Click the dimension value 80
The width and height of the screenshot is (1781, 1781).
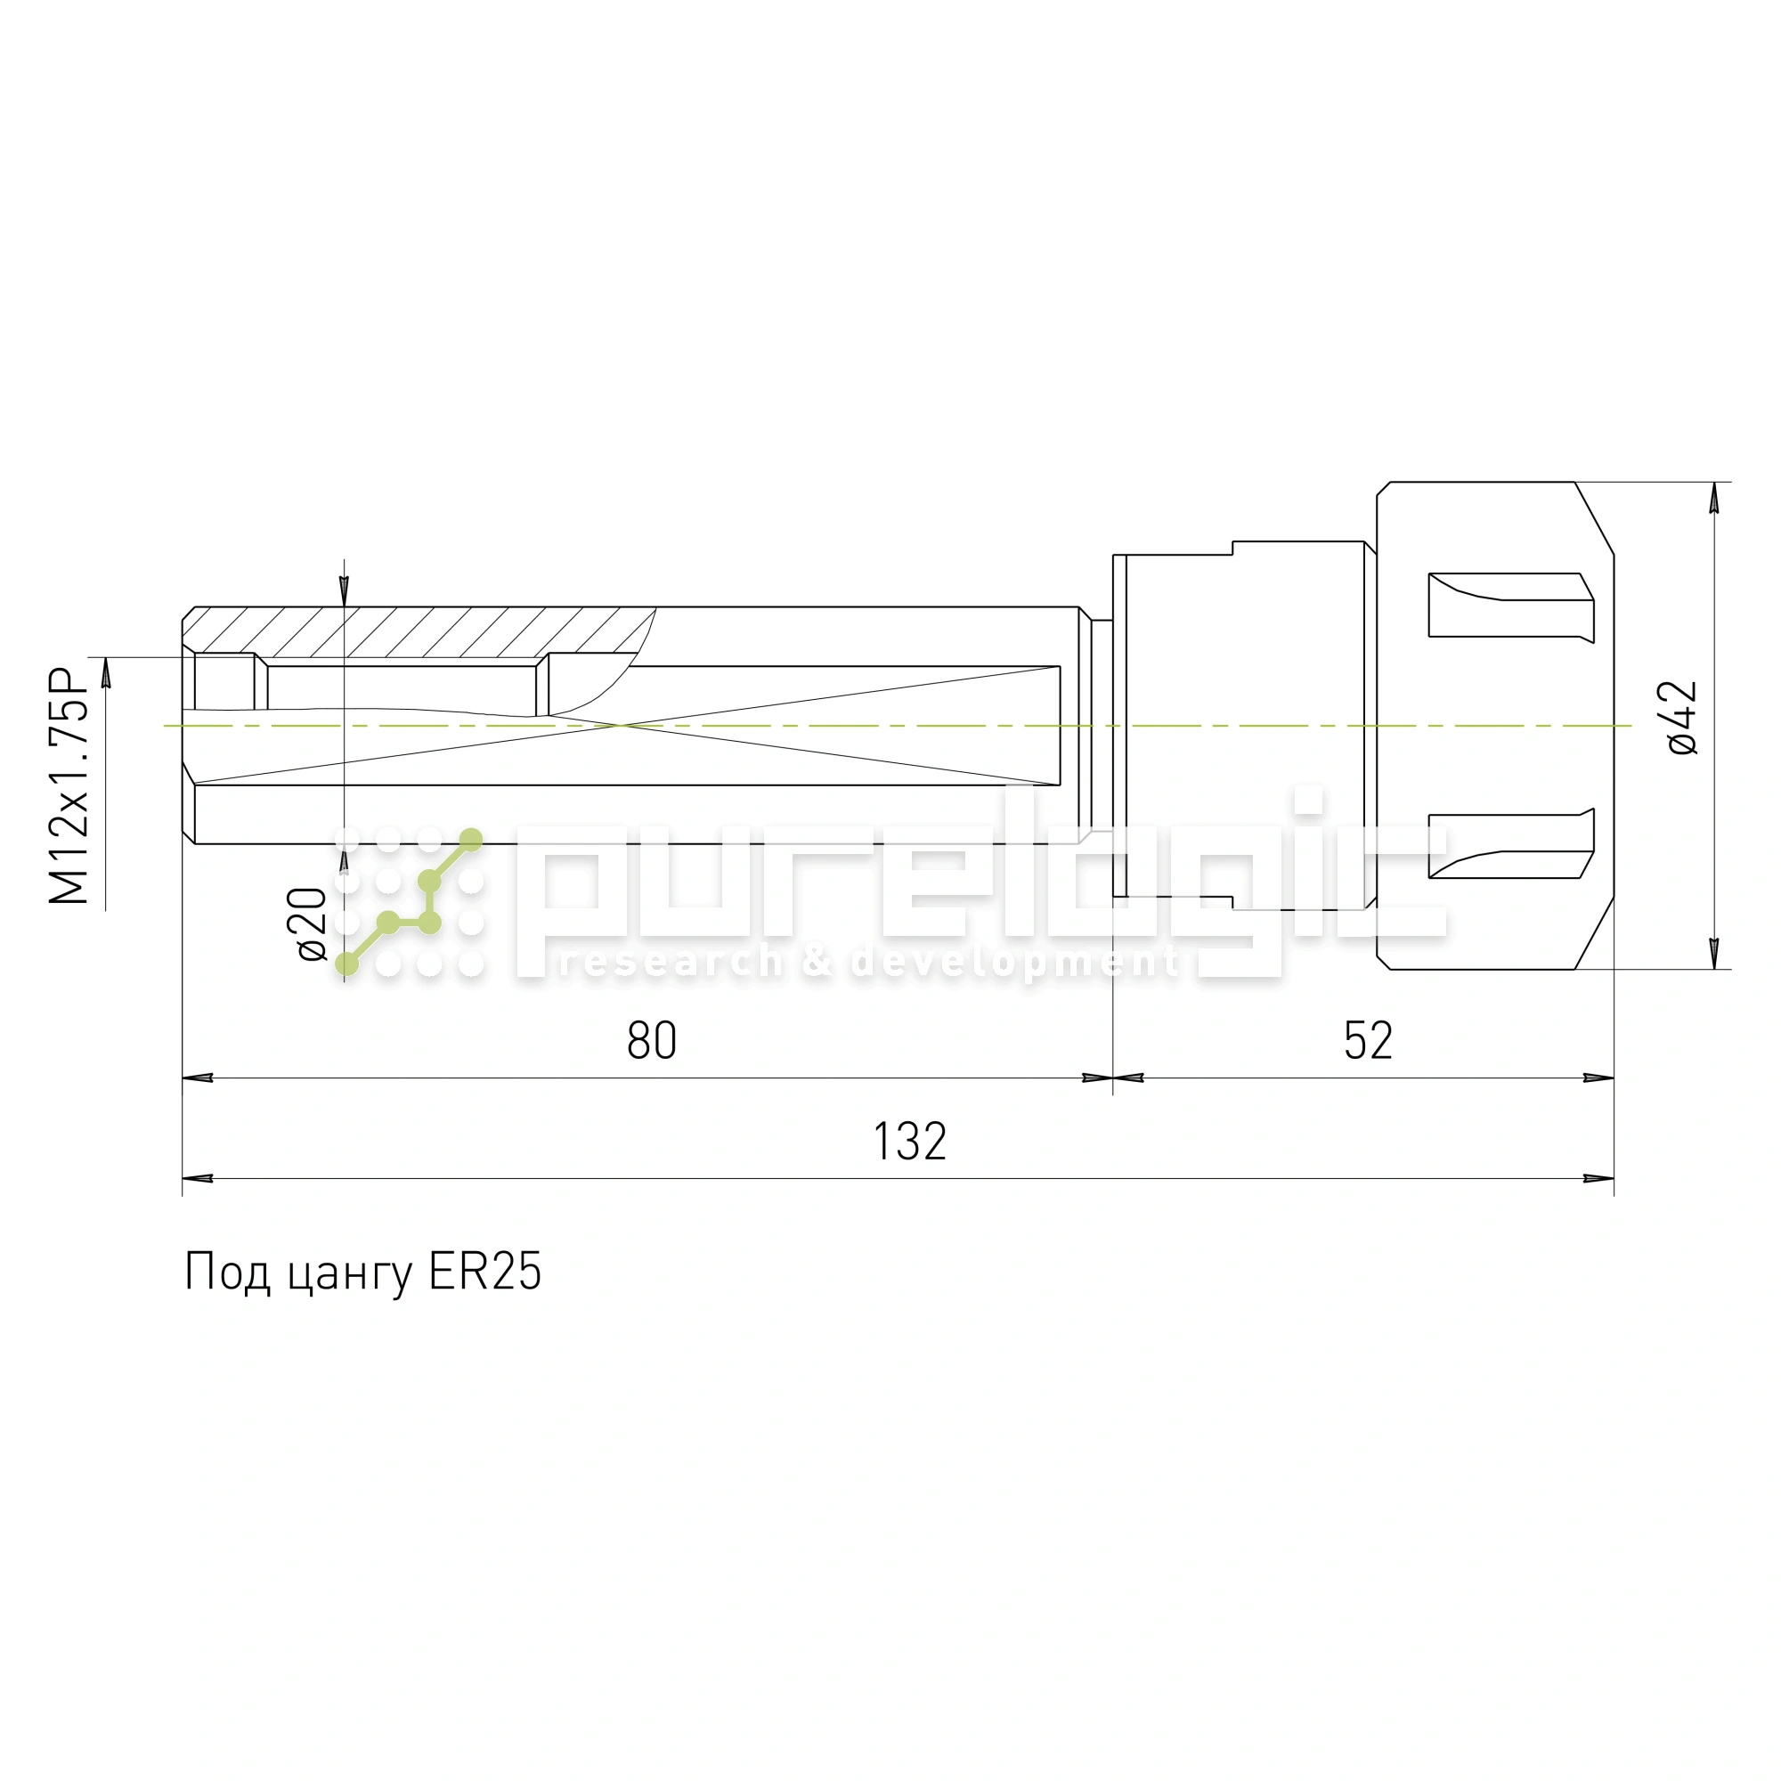(651, 1041)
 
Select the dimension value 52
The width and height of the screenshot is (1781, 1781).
(1368, 1041)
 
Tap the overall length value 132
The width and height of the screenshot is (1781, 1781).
(910, 1142)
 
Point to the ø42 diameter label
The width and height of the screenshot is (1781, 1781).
(1682, 719)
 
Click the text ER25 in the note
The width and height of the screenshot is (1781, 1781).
(485, 1272)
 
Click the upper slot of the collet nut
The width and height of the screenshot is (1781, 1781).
(1511, 606)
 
